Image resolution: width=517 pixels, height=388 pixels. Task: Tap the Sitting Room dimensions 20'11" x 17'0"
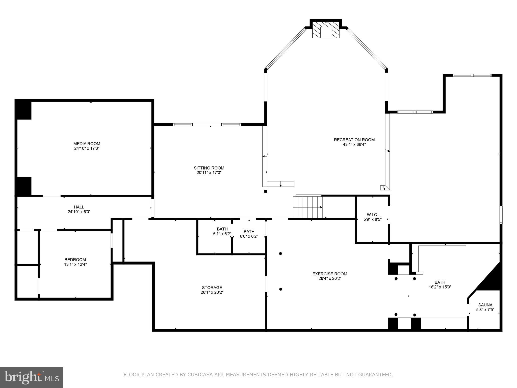pyautogui.click(x=209, y=173)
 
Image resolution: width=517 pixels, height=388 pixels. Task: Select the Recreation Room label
pyautogui.click(x=354, y=140)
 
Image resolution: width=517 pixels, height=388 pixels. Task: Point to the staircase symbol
pyautogui.click(x=307, y=207)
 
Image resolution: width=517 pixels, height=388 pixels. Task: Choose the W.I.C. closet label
pyautogui.click(x=372, y=215)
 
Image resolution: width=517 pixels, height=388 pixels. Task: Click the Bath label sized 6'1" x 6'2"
pyautogui.click(x=222, y=229)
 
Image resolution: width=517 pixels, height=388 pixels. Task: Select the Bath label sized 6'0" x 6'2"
pyautogui.click(x=249, y=232)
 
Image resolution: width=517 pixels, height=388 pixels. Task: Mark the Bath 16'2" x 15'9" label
pyautogui.click(x=440, y=282)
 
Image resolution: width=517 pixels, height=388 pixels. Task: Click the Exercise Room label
pyautogui.click(x=330, y=274)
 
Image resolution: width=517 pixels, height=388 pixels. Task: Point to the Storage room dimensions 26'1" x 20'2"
pyautogui.click(x=212, y=292)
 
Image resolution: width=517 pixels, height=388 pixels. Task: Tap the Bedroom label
pyautogui.click(x=75, y=260)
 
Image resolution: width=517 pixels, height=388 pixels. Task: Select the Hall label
pyautogui.click(x=79, y=207)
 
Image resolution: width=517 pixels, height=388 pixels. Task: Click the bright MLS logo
pyautogui.click(x=31, y=377)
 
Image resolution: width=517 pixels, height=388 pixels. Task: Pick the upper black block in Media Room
pyautogui.click(x=23, y=109)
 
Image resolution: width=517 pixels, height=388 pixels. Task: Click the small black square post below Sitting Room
pyautogui.click(x=266, y=191)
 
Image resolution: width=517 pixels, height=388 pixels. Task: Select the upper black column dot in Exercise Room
pyautogui.click(x=280, y=253)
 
